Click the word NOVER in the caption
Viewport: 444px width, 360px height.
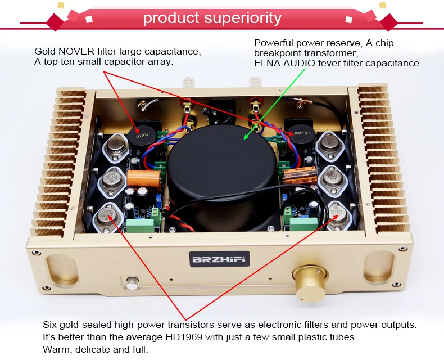(x=74, y=51)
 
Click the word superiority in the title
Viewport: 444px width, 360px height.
(x=243, y=18)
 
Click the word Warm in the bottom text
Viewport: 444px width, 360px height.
(x=55, y=349)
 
